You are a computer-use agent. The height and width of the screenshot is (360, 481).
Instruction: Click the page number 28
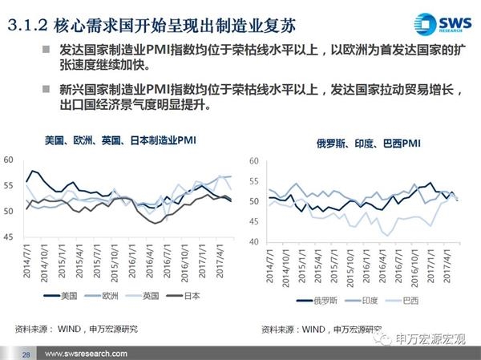coord(26,354)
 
